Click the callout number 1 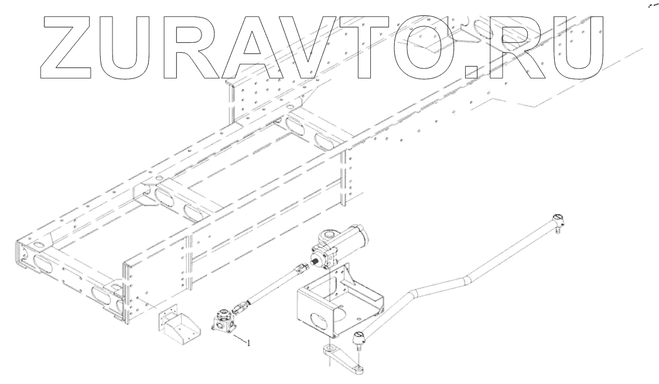pyautogui.click(x=248, y=343)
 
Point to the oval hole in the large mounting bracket pyautogui.click(x=321, y=323)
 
